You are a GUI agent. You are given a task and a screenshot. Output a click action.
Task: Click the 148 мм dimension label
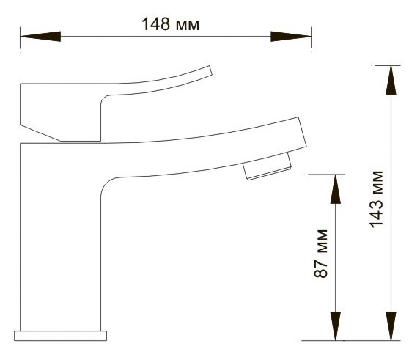(x=170, y=24)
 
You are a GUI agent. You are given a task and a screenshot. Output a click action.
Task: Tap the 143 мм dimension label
(x=377, y=199)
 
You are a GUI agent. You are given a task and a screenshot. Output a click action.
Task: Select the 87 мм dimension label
(x=320, y=254)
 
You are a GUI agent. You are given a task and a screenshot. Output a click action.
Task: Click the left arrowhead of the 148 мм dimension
(x=40, y=37)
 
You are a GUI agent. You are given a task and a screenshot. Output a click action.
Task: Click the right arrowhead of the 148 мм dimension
(x=291, y=37)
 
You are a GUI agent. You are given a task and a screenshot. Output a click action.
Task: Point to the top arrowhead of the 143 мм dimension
(x=391, y=80)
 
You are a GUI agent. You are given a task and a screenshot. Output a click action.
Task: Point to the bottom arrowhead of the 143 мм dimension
(x=391, y=326)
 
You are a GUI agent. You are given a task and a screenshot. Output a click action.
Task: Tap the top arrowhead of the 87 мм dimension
(x=336, y=189)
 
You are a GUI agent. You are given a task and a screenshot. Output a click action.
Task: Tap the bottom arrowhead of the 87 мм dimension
(x=336, y=326)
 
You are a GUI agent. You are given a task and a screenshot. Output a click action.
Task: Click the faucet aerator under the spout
(x=267, y=166)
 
